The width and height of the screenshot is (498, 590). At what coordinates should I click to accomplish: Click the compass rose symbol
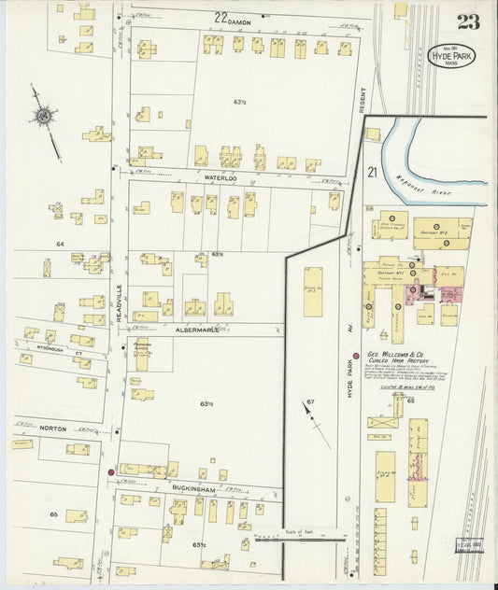pos(42,117)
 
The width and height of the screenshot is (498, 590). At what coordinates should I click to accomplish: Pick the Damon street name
pos(231,17)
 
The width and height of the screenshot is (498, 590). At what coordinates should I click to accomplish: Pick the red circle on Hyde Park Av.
pos(355,356)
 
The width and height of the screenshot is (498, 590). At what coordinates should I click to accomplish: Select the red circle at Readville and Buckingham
pos(110,472)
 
